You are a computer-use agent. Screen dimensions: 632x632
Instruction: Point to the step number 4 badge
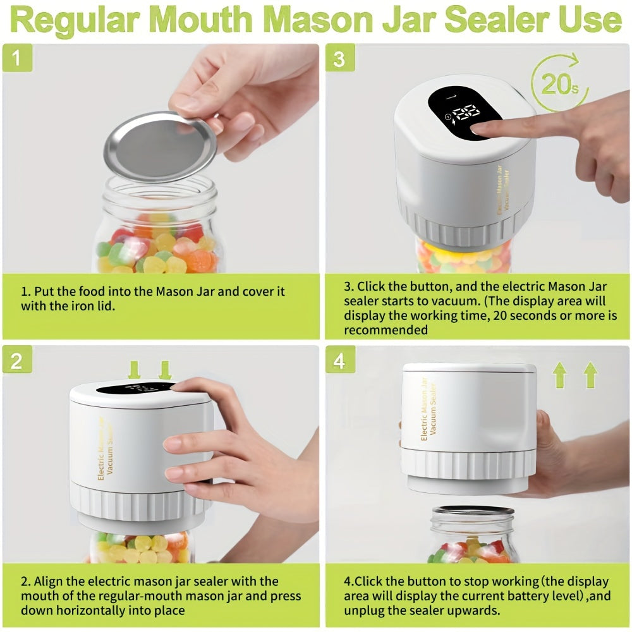[340, 361]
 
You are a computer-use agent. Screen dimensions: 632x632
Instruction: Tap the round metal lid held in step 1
[159, 147]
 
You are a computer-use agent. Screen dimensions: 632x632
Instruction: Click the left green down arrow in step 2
[134, 370]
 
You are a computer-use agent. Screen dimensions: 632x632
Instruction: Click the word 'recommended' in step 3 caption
[386, 330]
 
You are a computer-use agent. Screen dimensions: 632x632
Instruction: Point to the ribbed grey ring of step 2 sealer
[142, 503]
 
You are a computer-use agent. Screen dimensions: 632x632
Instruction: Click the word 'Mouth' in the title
[212, 20]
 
